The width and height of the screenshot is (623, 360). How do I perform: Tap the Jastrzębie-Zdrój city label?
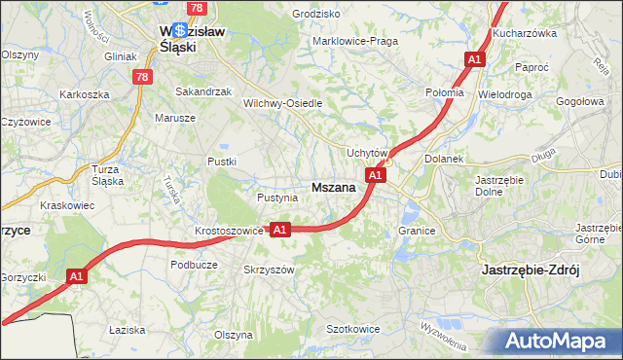point(531,270)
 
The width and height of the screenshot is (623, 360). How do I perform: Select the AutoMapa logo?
point(554,341)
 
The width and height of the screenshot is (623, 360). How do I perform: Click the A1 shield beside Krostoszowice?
point(280,230)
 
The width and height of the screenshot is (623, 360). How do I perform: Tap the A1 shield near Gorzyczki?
point(77,277)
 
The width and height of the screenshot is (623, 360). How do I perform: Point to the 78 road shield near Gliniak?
point(143,76)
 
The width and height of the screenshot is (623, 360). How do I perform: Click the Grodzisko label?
point(315,15)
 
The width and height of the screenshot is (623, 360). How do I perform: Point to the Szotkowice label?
point(352,330)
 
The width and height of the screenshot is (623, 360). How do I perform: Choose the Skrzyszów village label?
point(268,270)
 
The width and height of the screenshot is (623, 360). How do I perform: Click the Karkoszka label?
point(84,94)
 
